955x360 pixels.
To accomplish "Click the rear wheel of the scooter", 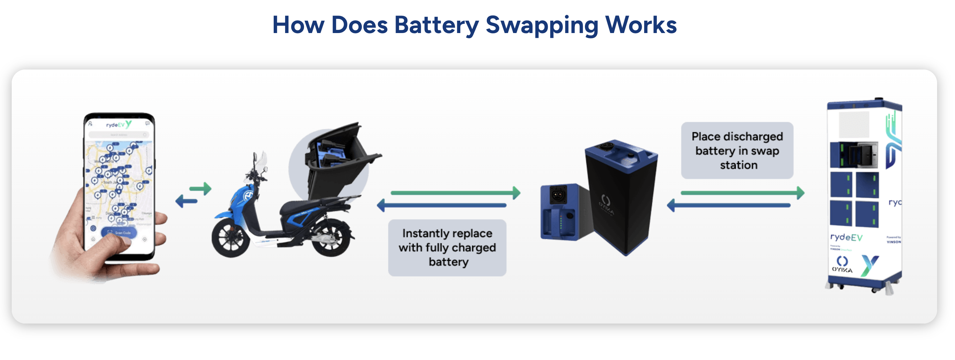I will pyautogui.click(x=331, y=237).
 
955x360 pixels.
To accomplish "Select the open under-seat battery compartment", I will pyautogui.click(x=334, y=156).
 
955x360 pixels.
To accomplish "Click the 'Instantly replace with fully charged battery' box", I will pyautogui.click(x=447, y=248).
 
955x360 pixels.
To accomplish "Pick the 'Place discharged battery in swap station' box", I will pyautogui.click(x=737, y=150).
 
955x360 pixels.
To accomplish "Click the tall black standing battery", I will pyautogui.click(x=621, y=197).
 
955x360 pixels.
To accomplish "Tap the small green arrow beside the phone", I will pyautogui.click(x=201, y=189).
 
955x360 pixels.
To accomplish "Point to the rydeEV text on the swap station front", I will pyautogui.click(x=846, y=237).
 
